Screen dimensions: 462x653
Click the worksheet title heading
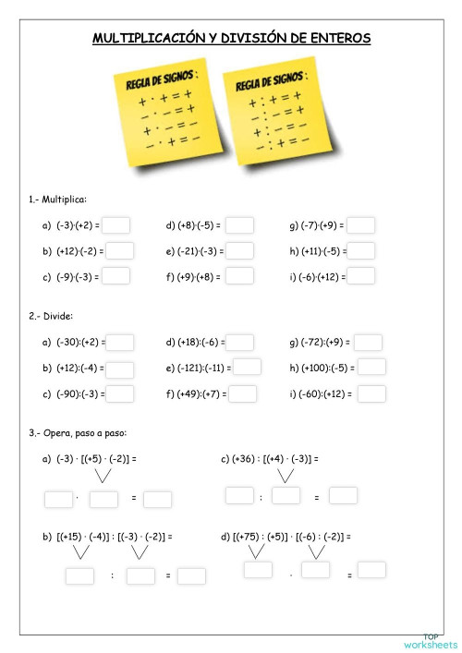point(231,38)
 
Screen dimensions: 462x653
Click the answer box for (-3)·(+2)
point(117,225)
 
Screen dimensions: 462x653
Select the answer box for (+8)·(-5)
point(239,225)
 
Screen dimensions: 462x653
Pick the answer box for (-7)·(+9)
point(361,225)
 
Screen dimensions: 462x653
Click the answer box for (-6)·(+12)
point(361,275)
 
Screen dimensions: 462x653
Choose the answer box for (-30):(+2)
point(120,343)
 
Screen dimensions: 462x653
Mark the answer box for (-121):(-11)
point(247,368)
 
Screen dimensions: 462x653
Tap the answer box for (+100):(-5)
point(372,368)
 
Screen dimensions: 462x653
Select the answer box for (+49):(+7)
point(242,394)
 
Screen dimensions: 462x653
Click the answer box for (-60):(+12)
point(371,394)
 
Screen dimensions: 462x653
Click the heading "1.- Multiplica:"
point(57,199)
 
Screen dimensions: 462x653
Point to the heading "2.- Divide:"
point(52,316)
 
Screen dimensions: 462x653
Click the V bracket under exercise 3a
point(104,477)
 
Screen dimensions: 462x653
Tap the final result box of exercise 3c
point(343,496)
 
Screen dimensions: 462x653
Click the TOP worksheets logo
point(431,640)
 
